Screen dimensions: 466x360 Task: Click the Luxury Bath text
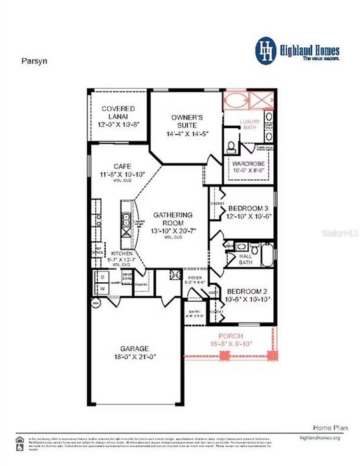249,124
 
